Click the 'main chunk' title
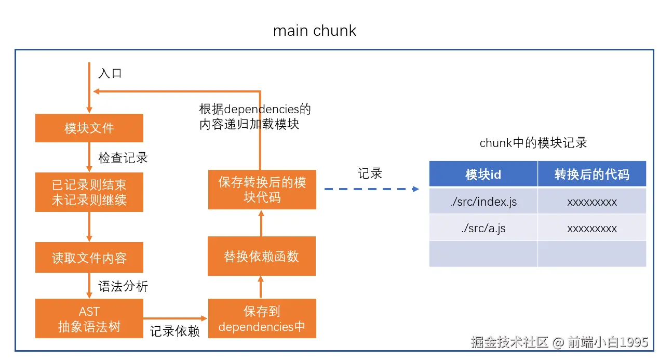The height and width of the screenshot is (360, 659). click(x=315, y=31)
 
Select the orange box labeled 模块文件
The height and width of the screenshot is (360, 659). click(x=89, y=128)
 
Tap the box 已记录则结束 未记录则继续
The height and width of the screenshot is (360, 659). click(x=89, y=192)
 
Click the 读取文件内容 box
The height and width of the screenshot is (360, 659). click(x=89, y=258)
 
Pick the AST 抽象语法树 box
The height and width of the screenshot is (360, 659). click(x=89, y=318)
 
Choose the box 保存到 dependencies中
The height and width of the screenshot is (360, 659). click(x=262, y=318)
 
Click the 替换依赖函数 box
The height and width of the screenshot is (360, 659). click(x=262, y=256)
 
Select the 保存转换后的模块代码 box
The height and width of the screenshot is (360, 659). click(x=262, y=190)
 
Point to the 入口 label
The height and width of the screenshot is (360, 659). click(x=110, y=73)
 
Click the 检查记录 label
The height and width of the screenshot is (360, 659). click(x=123, y=157)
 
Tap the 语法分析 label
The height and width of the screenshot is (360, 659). click(x=123, y=286)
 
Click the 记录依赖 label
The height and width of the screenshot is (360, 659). click(x=175, y=331)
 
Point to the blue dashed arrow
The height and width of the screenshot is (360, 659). click(x=371, y=189)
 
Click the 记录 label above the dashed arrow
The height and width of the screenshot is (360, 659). click(x=370, y=174)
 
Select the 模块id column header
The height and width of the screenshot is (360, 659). click(x=483, y=175)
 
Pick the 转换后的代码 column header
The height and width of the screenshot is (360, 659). click(x=591, y=175)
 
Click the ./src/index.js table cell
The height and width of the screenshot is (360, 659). click(x=483, y=202)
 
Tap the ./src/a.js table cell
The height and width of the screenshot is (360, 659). click(x=483, y=228)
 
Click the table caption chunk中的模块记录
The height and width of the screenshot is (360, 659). click(x=533, y=143)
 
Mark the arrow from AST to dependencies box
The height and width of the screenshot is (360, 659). click(x=176, y=318)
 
